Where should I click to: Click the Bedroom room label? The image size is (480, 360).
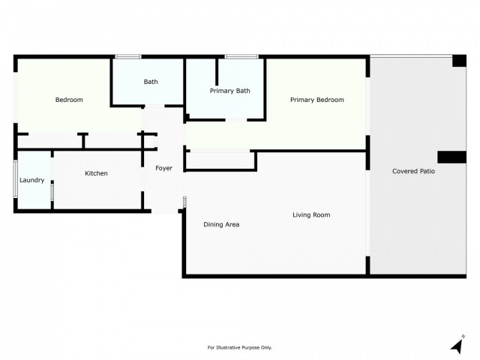click(69, 100)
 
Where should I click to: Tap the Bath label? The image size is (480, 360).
click(151, 82)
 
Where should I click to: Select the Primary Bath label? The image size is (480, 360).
click(230, 91)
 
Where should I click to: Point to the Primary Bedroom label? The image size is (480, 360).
click(316, 100)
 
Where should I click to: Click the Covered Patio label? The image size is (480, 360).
click(413, 171)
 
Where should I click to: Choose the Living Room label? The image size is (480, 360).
click(311, 215)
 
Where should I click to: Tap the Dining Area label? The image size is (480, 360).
click(221, 224)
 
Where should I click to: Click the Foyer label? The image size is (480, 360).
click(163, 168)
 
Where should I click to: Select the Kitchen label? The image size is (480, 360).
click(96, 173)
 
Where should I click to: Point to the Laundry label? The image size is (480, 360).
click(31, 180)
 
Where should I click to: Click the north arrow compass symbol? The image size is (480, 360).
click(457, 345)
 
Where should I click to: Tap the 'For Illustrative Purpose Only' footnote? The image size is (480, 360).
click(240, 347)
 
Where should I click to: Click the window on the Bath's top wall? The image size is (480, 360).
click(128, 57)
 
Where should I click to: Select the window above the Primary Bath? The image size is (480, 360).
click(241, 57)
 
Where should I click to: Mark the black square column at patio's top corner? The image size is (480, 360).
click(459, 61)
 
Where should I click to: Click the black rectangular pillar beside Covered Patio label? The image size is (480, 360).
click(451, 157)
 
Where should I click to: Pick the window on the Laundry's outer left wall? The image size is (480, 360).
click(15, 179)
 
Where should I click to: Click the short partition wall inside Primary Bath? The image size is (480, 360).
click(217, 72)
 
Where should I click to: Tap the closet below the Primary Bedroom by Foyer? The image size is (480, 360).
click(220, 160)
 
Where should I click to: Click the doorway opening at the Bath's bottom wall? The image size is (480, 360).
click(154, 106)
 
